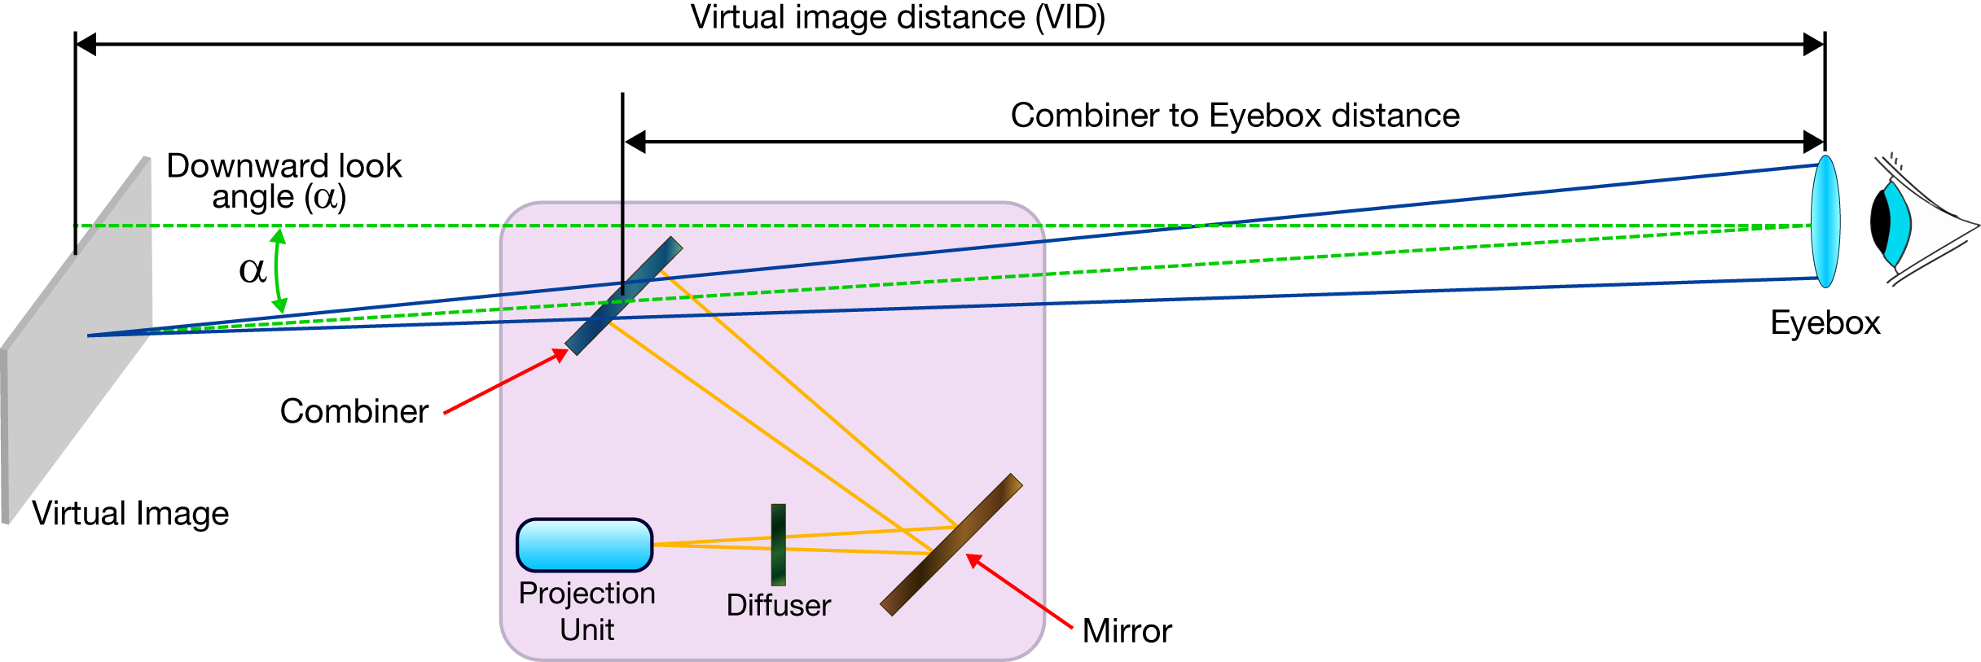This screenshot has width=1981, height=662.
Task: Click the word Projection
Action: tap(586, 594)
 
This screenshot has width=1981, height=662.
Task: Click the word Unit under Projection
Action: tap(586, 630)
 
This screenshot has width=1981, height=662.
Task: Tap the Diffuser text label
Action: tap(778, 606)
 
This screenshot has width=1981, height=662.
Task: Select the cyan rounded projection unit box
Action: tap(585, 545)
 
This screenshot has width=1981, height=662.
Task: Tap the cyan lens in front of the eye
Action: tap(1825, 221)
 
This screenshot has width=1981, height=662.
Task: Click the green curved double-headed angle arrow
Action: tap(276, 271)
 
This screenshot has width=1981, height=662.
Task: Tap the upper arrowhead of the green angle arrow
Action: tap(279, 235)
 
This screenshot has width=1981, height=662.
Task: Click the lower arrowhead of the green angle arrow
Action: tap(279, 307)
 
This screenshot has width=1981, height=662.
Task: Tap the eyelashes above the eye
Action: tap(1895, 160)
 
